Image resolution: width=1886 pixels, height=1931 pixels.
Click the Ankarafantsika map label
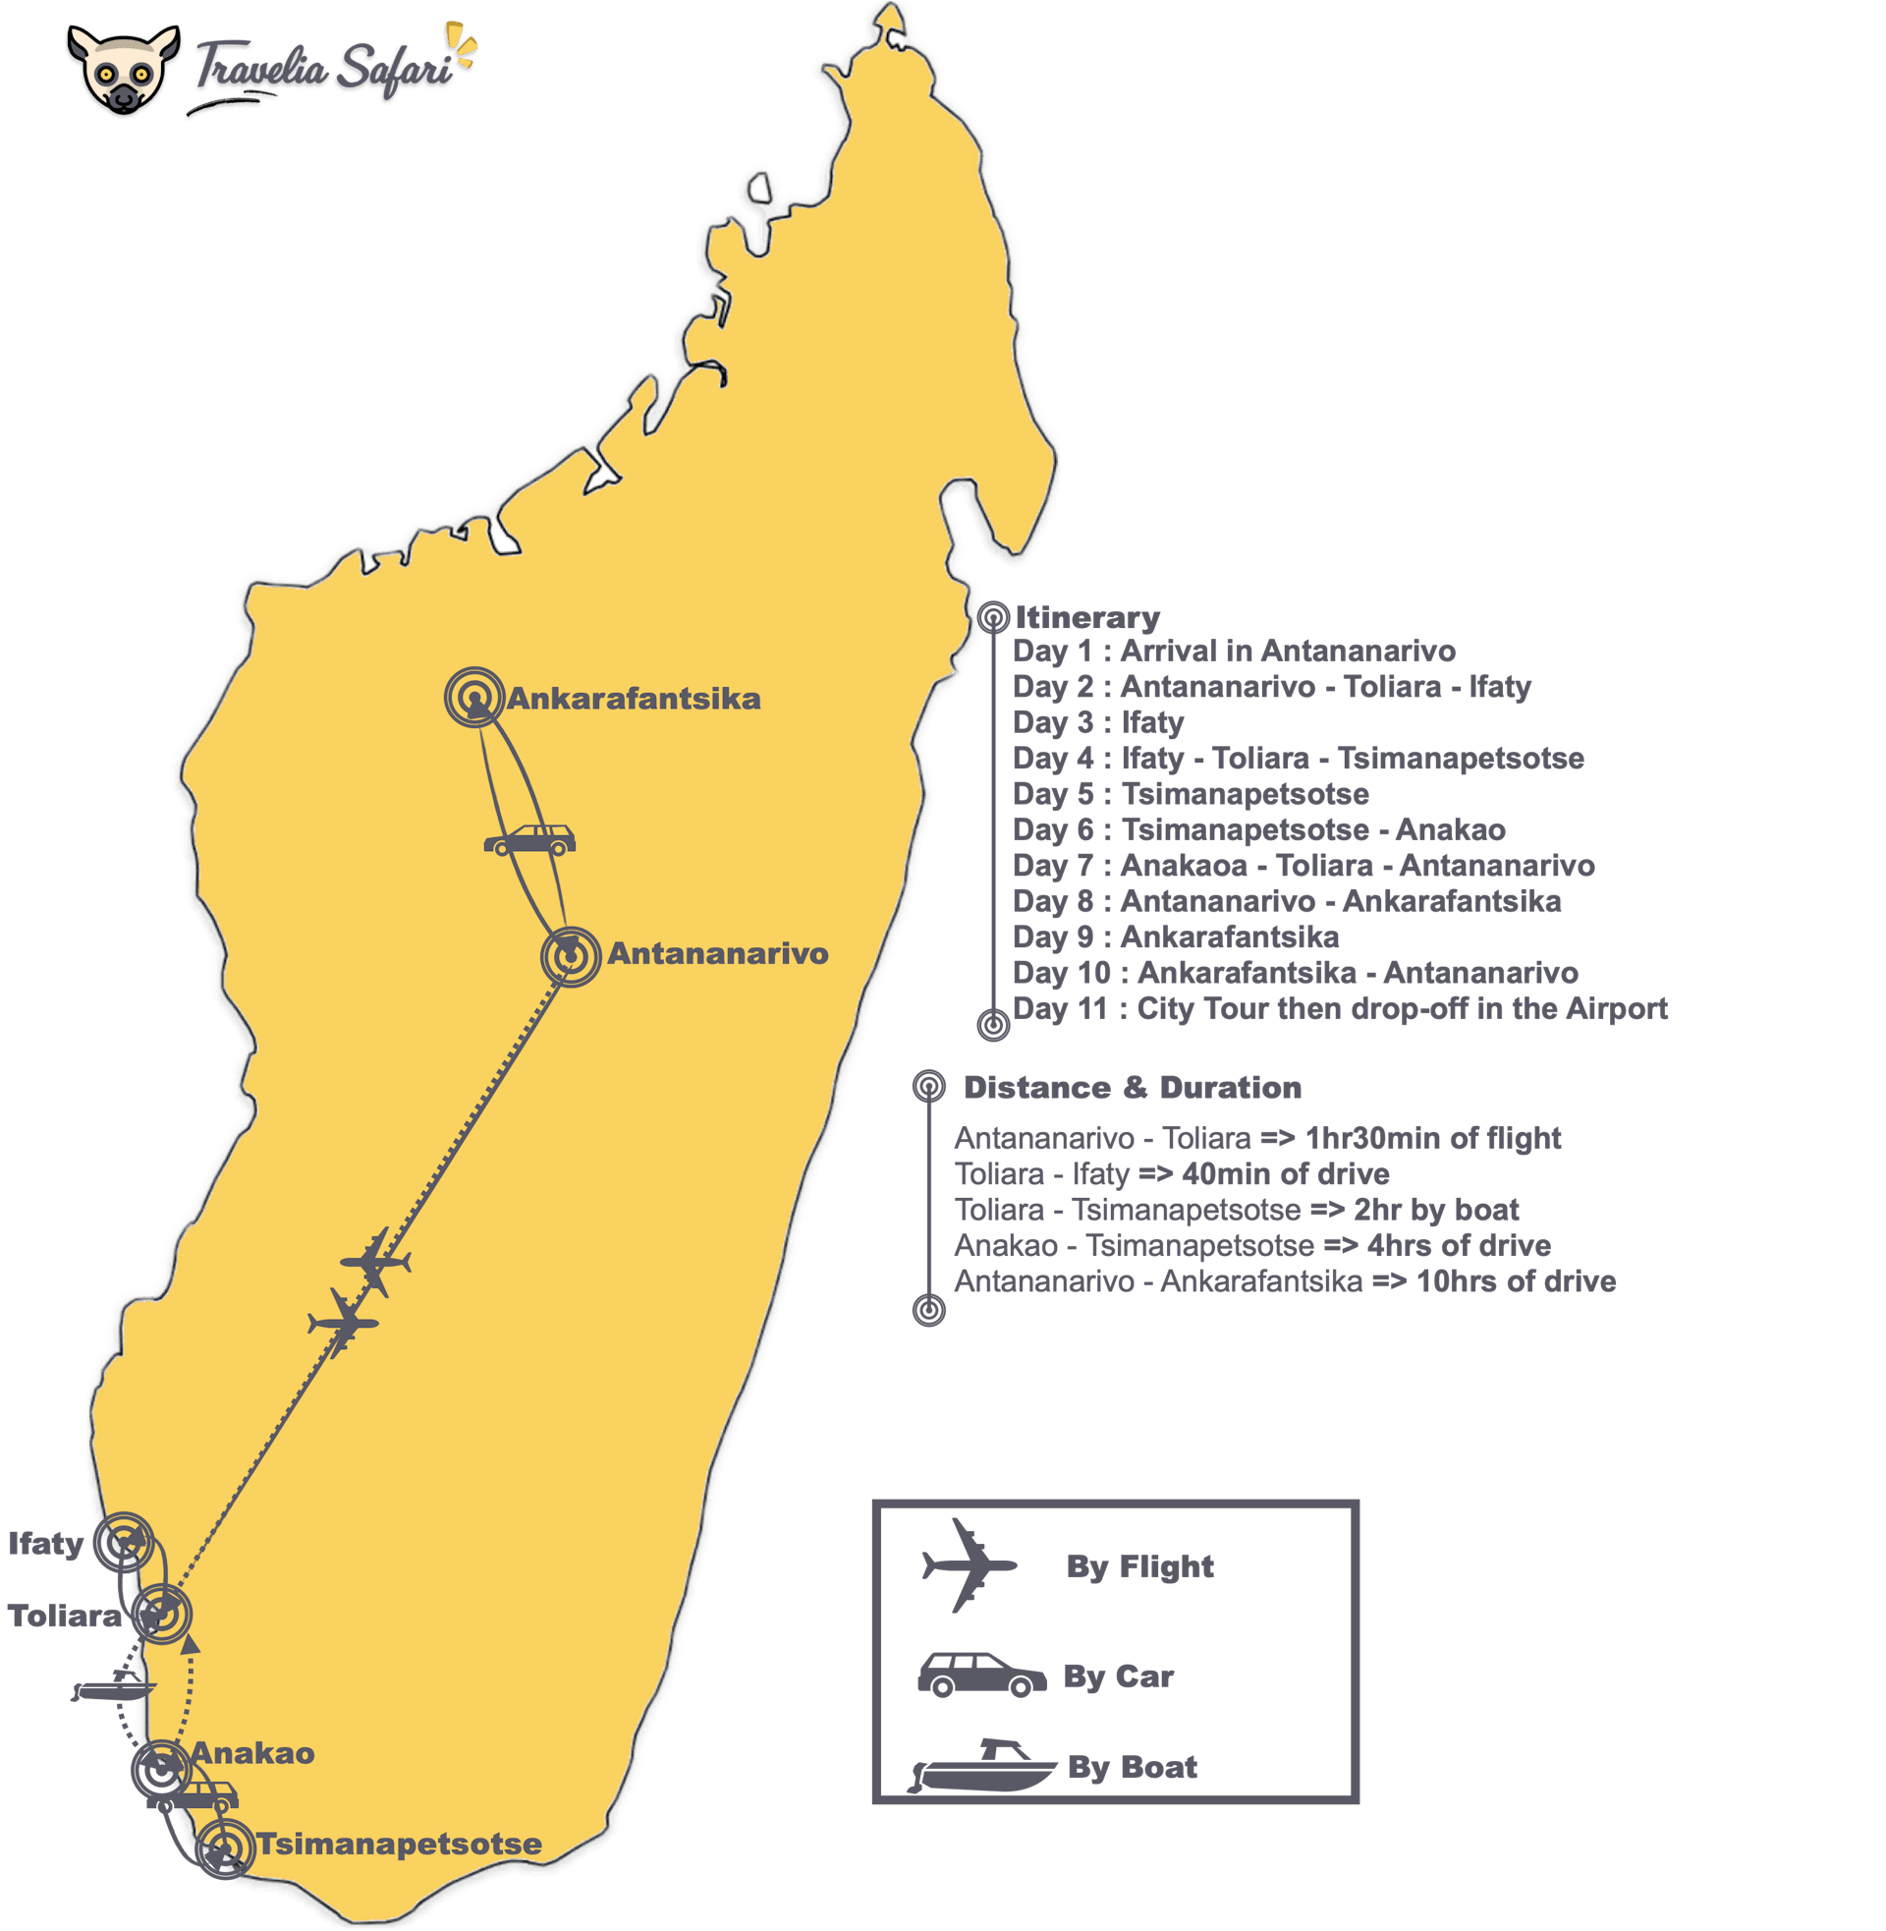[x=634, y=699]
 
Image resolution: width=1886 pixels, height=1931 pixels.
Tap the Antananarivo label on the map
[x=717, y=954]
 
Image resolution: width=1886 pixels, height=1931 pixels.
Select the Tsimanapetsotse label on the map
[x=399, y=1844]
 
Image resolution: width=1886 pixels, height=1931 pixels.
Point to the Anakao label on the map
[x=252, y=1753]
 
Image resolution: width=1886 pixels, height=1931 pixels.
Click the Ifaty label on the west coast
[x=45, y=1544]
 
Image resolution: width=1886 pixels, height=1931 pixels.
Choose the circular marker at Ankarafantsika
[x=475, y=698]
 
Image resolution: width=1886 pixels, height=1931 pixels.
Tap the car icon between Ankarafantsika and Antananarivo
[x=528, y=841]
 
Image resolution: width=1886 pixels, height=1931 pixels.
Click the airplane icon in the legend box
[x=968, y=1565]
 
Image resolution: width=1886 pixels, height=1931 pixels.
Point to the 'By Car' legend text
[x=1118, y=1676]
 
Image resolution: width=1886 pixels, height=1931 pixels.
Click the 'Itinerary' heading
[x=1086, y=618]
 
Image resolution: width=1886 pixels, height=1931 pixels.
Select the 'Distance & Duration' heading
[x=1132, y=1087]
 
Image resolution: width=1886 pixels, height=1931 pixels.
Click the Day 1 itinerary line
[x=1233, y=651]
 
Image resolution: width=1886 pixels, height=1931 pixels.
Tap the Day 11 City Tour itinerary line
[x=1339, y=1008]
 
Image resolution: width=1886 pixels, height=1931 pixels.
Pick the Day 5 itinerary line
[x=1190, y=794]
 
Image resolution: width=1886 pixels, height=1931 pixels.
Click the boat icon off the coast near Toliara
[x=115, y=1686]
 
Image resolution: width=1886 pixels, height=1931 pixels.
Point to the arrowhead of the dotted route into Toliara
[x=192, y=1645]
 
